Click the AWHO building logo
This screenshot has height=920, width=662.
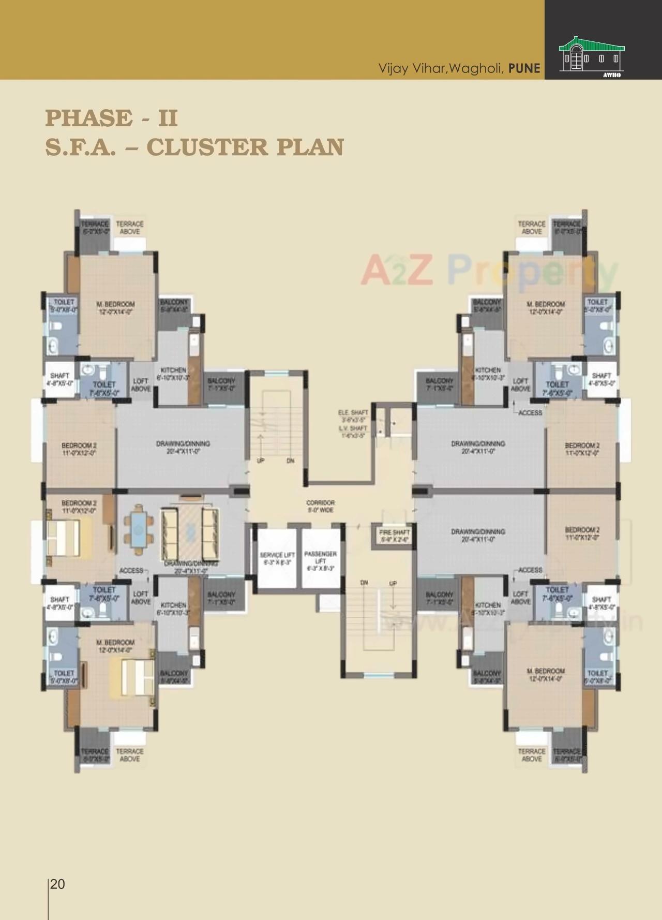click(592, 56)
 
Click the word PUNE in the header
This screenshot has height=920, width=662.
click(524, 68)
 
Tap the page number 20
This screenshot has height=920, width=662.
click(58, 884)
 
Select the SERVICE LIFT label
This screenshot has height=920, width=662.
click(277, 558)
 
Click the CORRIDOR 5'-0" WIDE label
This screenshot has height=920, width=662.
click(320, 506)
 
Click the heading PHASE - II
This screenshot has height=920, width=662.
click(111, 118)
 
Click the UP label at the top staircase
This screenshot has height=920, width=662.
click(261, 460)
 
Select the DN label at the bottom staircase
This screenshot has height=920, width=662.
click(364, 583)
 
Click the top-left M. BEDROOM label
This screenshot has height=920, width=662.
click(115, 308)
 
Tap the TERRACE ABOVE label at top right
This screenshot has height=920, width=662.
click(532, 228)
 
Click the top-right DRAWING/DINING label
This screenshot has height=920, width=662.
click(478, 447)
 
